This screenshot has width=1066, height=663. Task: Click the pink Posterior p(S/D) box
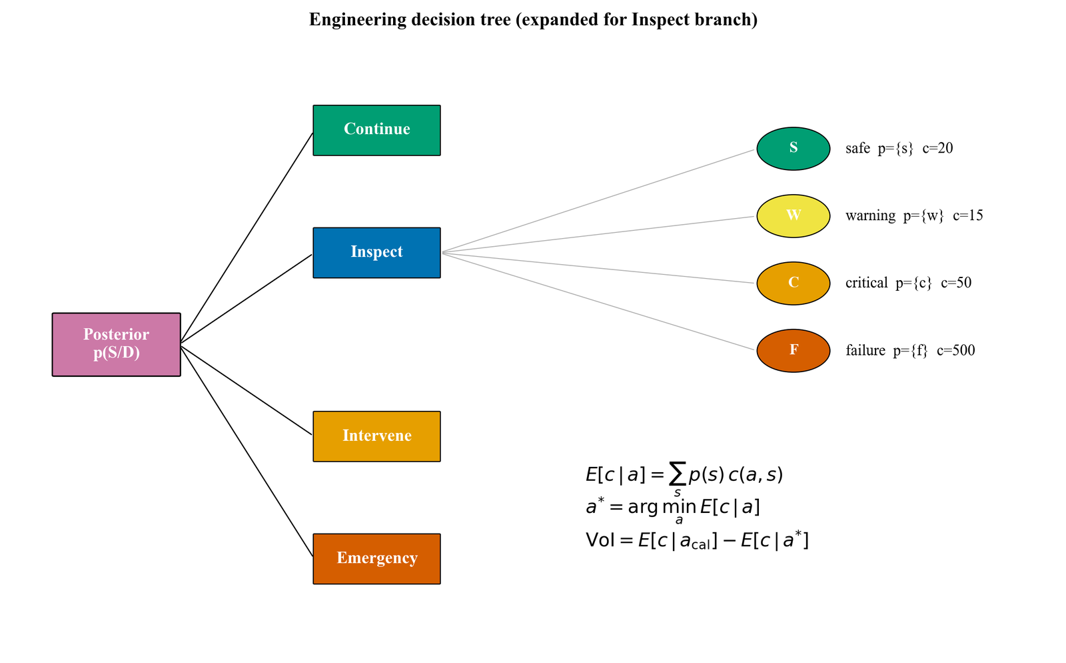[116, 344]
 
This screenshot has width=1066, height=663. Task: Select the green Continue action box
[376, 130]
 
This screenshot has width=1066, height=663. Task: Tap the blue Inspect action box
[376, 253]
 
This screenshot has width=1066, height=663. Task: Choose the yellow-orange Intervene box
[376, 436]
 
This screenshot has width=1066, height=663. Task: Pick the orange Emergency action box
[376, 559]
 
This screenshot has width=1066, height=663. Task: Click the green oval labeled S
[793, 149]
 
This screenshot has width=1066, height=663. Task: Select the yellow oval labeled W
[793, 216]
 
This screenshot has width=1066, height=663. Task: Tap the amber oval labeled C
[793, 283]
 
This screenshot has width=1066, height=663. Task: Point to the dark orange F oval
[793, 351]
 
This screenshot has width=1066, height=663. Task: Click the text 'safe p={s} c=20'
[899, 148]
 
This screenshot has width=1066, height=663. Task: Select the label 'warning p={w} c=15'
[914, 215]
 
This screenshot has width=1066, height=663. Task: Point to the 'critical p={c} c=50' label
[908, 283]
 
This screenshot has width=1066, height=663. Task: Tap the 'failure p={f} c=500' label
[910, 350]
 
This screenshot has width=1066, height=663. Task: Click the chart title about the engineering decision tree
[533, 20]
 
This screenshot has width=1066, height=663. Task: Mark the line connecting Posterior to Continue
[247, 238]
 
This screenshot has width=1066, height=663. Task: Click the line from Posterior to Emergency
[247, 450]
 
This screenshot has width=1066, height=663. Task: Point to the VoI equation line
[697, 540]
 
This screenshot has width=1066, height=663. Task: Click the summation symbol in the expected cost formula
[677, 474]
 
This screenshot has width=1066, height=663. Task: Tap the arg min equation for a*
[673, 508]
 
